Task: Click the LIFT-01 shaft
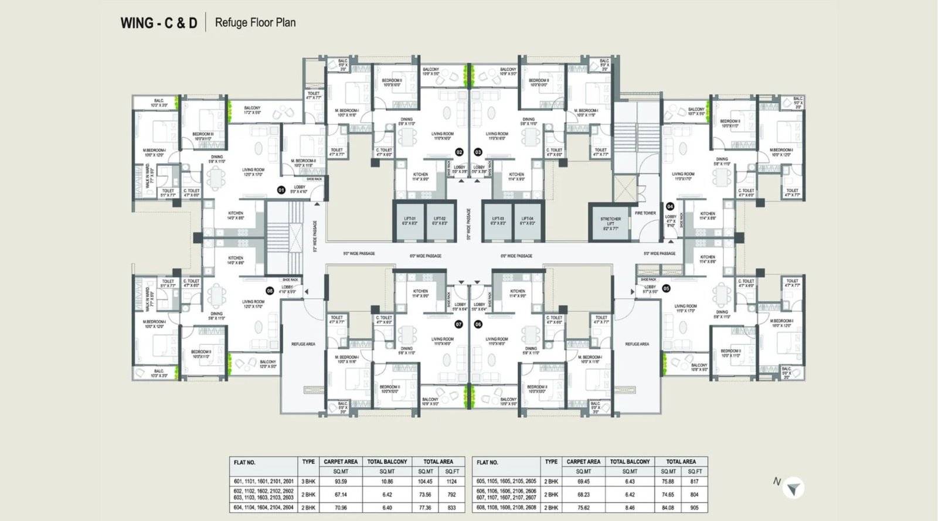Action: click(409, 221)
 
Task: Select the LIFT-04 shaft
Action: click(527, 221)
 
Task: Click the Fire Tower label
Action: click(645, 213)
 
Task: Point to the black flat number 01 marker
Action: click(281, 190)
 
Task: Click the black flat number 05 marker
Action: click(666, 288)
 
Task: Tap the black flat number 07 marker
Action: click(459, 324)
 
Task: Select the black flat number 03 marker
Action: click(478, 152)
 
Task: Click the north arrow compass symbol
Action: click(793, 488)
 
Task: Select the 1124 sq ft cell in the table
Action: click(451, 481)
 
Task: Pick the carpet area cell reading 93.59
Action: click(340, 481)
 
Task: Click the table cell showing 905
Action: click(694, 508)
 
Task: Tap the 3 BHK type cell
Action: click(308, 481)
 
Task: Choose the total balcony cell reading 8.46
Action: click(630, 508)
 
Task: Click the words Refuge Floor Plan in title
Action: click(255, 23)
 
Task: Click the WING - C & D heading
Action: click(158, 23)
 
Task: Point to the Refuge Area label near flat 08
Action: click(303, 344)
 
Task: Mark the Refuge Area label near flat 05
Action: click(637, 344)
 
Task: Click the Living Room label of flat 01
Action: click(253, 172)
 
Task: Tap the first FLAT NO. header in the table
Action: click(244, 462)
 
